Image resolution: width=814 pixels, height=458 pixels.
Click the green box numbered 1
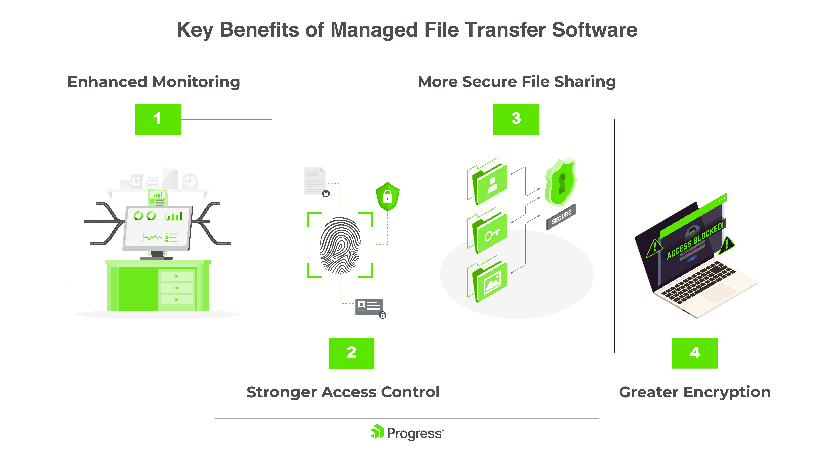(x=158, y=119)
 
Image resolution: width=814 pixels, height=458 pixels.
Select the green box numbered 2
(x=351, y=353)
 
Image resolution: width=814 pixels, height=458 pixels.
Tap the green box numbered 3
(x=516, y=119)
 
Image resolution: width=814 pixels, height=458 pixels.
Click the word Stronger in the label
(x=281, y=392)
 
